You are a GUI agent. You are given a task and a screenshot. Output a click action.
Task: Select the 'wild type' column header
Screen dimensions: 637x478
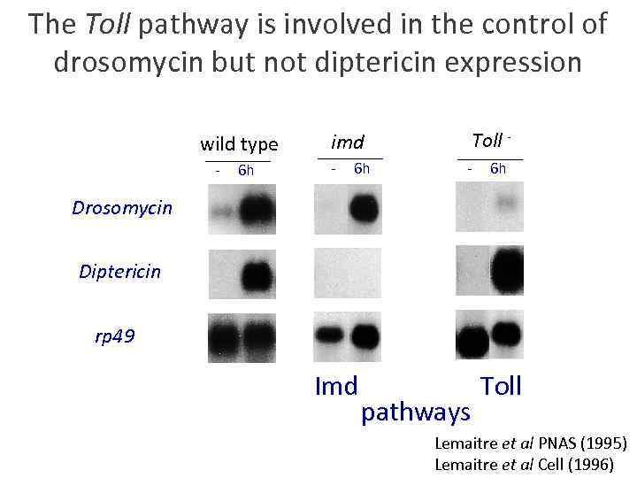pyautogui.click(x=239, y=144)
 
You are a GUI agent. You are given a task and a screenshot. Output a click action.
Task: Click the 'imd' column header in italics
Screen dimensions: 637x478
pyautogui.click(x=348, y=142)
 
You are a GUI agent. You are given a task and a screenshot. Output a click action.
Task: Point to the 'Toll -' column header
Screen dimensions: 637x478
pyautogui.click(x=491, y=141)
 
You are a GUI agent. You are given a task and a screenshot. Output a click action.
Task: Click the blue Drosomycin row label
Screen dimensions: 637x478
pyautogui.click(x=122, y=209)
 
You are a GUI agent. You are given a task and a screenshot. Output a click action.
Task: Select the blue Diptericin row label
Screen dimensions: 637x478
pyautogui.click(x=120, y=272)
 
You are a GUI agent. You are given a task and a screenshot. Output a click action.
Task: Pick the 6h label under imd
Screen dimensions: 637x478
pyautogui.click(x=361, y=168)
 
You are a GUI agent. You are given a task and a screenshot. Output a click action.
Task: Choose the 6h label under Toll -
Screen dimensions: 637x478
pyautogui.click(x=498, y=168)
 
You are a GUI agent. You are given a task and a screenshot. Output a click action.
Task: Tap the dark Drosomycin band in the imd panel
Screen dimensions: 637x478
pyautogui.click(x=364, y=209)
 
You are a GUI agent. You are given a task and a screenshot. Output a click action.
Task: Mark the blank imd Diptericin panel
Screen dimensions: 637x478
pyautogui.click(x=347, y=272)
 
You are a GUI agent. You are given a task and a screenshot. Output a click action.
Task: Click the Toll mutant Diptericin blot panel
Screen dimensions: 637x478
pyautogui.click(x=489, y=271)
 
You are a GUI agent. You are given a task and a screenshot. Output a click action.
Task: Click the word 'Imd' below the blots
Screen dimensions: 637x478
pyautogui.click(x=336, y=387)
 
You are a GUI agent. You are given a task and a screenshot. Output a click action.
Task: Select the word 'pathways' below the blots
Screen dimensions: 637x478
pyautogui.click(x=415, y=412)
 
